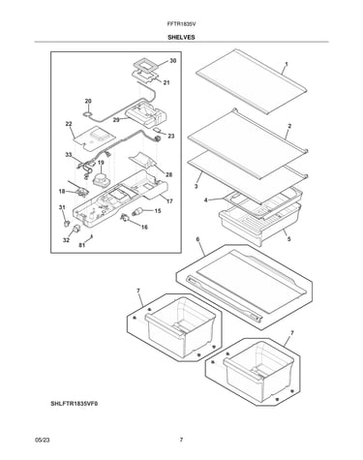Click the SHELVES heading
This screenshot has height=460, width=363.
pos(181,38)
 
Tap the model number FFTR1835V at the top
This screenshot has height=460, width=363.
pos(182,24)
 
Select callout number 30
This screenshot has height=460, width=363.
pos(173,61)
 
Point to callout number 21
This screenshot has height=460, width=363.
pos(166,82)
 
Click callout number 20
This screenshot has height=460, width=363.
pos(88,101)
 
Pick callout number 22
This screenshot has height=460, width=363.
pos(69,124)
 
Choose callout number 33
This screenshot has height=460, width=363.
pos(69,155)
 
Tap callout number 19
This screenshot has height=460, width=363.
pos(101,163)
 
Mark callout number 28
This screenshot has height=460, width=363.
pos(168,174)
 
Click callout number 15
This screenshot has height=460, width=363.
pos(158,211)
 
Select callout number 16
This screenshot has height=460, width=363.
pos(144,228)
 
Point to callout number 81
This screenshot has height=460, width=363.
pos(82,245)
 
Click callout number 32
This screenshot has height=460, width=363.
pos(66,240)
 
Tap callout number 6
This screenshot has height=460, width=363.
pos(197,239)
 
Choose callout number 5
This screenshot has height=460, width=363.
pos(288,239)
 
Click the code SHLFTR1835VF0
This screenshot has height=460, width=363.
pos(74,404)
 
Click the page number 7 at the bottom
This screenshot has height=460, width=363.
pos(181,440)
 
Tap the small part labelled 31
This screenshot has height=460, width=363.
pos(66,223)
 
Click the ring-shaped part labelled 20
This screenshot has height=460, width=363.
pos(87,113)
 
